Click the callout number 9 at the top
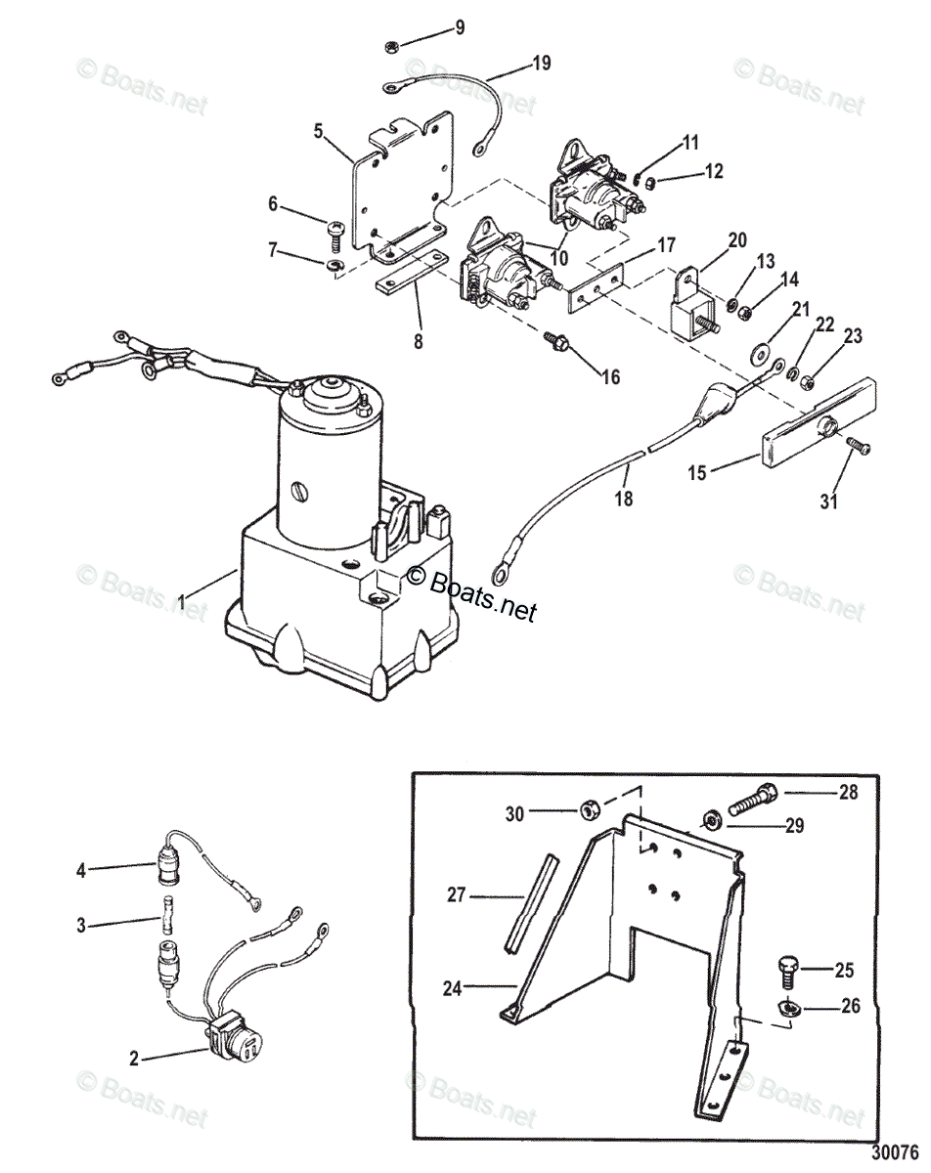click(459, 27)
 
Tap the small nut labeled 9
click(389, 46)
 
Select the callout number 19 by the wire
click(540, 64)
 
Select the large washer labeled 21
click(759, 350)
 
